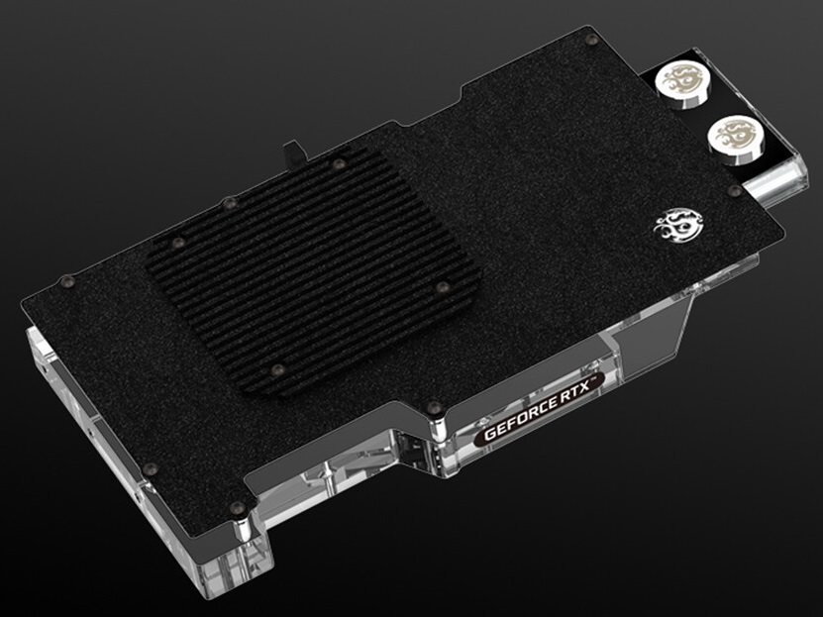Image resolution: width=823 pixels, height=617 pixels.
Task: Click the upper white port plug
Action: [682, 83]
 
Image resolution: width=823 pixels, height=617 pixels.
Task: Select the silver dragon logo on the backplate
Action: [678, 226]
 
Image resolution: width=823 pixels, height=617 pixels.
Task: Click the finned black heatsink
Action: [314, 269]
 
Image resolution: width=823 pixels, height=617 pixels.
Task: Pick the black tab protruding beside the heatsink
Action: [294, 154]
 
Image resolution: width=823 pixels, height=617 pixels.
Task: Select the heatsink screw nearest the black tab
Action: [339, 163]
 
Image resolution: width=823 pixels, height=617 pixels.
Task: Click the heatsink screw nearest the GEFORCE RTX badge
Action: [443, 287]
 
